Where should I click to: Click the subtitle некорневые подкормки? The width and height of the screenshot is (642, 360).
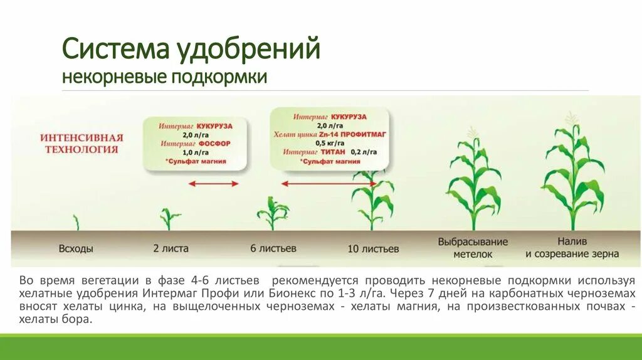pyautogui.click(x=164, y=77)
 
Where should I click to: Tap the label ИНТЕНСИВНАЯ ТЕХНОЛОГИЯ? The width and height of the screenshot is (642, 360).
pyautogui.click(x=82, y=143)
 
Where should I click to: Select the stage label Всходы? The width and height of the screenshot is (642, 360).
pyautogui.click(x=76, y=248)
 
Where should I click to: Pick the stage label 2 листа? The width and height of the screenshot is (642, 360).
pyautogui.click(x=171, y=248)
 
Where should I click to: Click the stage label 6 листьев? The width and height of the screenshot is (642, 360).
pyautogui.click(x=273, y=248)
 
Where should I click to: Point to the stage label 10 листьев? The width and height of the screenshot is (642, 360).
pyautogui.click(x=372, y=249)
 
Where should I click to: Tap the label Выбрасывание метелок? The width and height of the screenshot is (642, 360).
pyautogui.click(x=473, y=248)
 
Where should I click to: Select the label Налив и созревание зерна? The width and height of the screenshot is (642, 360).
pyautogui.click(x=572, y=247)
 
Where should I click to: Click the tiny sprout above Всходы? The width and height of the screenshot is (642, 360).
pyautogui.click(x=76, y=223)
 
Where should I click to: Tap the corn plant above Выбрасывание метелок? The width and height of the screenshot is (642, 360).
pyautogui.click(x=473, y=182)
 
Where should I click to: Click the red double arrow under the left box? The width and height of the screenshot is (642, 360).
pyautogui.click(x=214, y=184)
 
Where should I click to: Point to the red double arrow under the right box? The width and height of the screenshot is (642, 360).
pyautogui.click(x=314, y=184)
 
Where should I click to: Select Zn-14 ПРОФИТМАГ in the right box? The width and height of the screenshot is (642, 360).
pyautogui.click(x=349, y=134)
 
